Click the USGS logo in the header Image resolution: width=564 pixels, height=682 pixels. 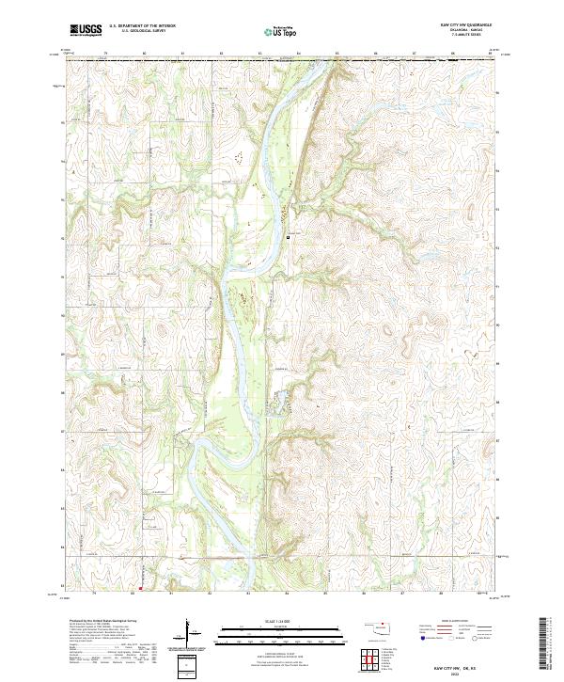coord(86,30)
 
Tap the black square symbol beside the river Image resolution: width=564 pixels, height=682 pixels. coord(287,237)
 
